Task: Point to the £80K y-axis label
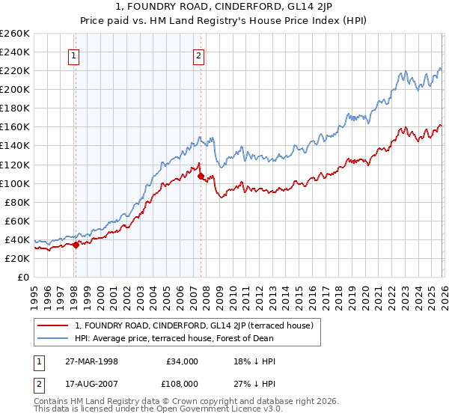point(17,202)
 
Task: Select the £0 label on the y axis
point(22,277)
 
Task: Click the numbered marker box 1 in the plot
point(75,55)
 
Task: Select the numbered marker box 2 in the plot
point(199,55)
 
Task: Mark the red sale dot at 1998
point(76,245)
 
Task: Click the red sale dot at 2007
point(200,176)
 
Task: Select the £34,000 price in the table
point(182,361)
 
